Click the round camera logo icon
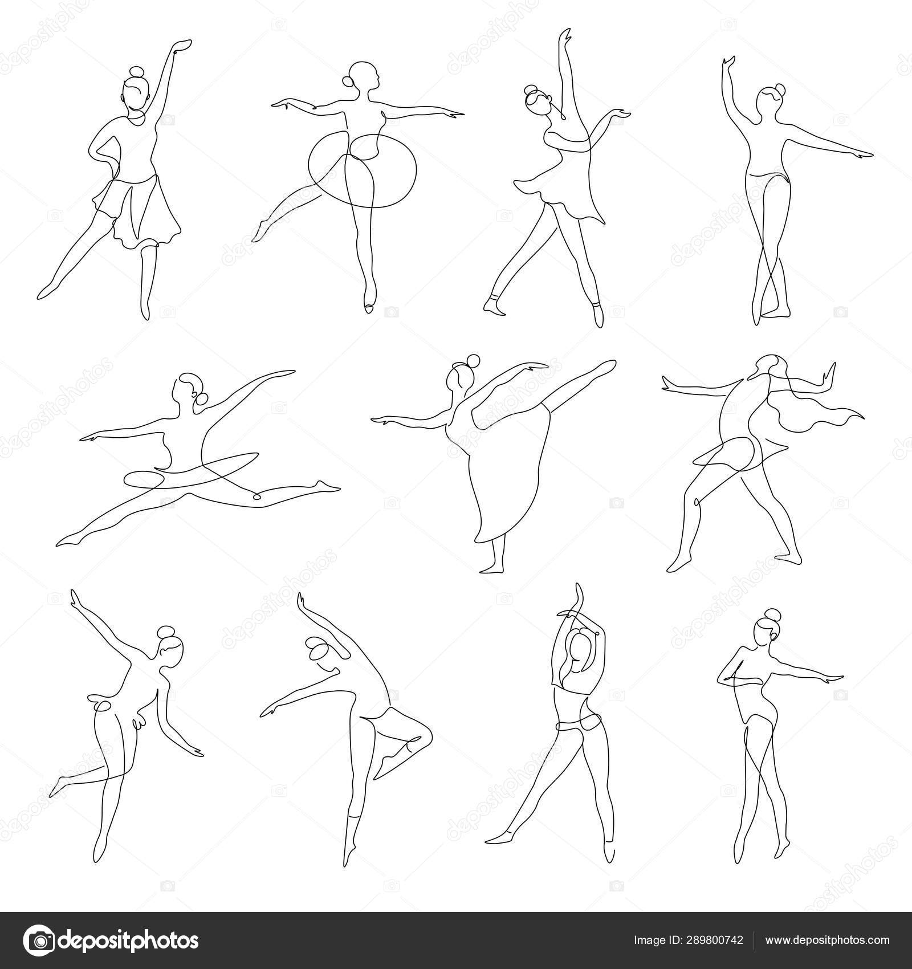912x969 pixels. click(38, 940)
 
